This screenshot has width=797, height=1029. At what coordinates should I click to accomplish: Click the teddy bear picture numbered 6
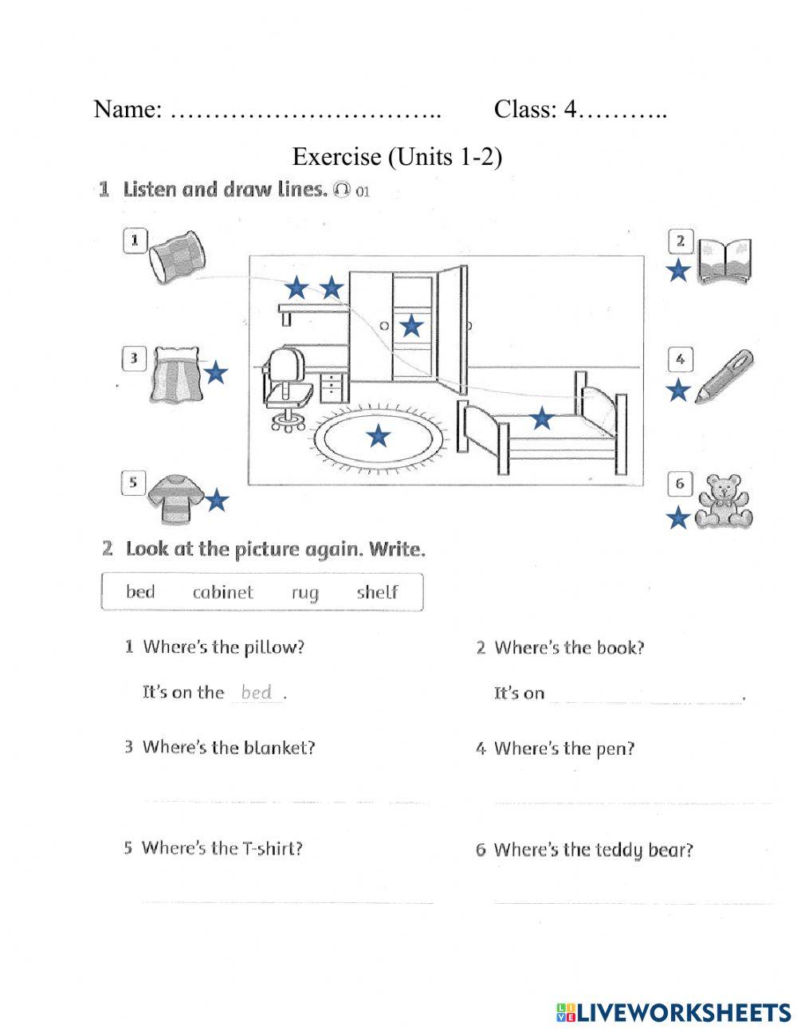coord(724,502)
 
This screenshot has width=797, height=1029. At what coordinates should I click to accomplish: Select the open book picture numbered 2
coord(724,261)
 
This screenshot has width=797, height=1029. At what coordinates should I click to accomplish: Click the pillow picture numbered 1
coord(177,255)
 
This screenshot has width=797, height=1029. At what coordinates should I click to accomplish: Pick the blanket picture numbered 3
coord(175,373)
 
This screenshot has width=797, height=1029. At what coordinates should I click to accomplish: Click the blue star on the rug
coord(378,435)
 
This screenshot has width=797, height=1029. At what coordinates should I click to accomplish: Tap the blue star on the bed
coord(542,417)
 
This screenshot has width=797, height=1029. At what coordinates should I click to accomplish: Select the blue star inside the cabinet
coord(410,325)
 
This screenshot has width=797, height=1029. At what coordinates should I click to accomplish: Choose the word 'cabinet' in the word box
coord(222,592)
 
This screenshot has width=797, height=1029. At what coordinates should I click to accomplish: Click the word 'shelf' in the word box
coord(377,592)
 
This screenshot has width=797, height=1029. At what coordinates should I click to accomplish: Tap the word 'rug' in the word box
coord(304,593)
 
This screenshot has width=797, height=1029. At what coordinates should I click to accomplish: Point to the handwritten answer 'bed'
coord(257,692)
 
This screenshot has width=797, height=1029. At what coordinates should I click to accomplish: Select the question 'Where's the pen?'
coord(563,748)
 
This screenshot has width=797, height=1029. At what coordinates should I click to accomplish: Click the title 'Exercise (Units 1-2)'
coord(397,156)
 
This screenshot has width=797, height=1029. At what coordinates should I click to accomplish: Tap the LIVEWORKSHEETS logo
coord(673,1011)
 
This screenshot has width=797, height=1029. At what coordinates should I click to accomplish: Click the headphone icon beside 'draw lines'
coord(343,190)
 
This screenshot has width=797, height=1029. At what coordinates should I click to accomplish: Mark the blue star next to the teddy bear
coord(677,519)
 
